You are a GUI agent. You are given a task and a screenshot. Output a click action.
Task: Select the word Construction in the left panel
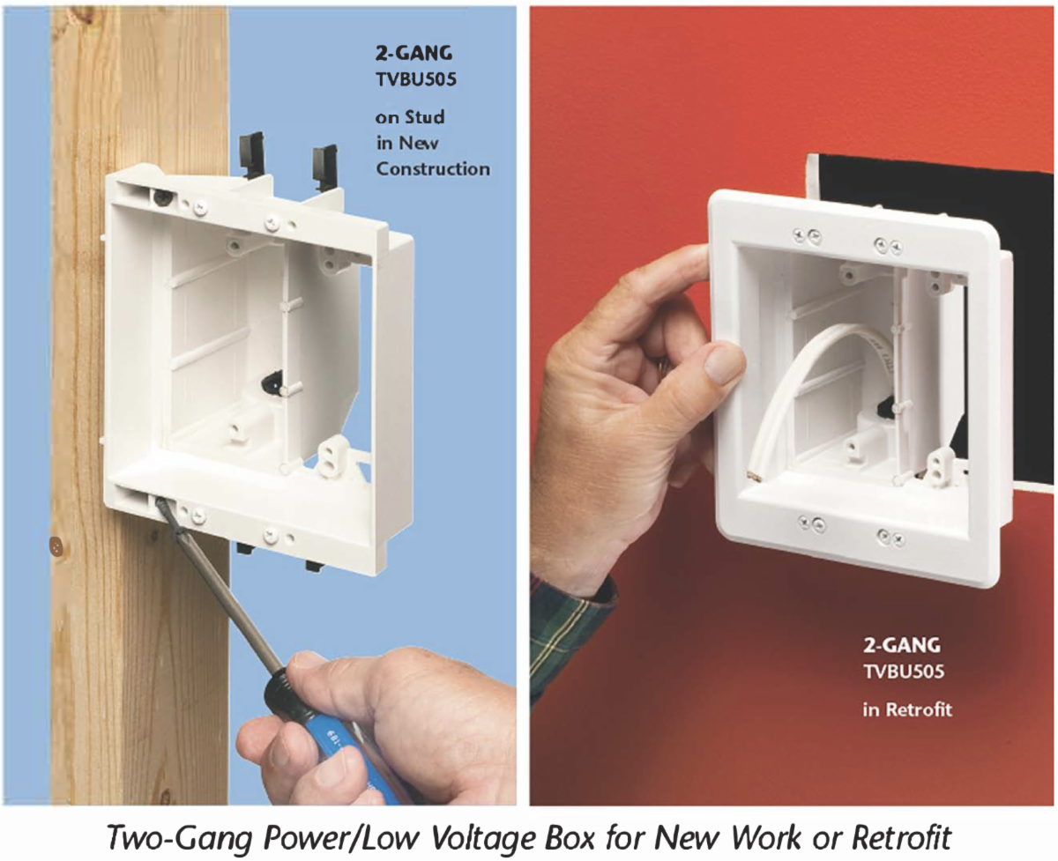(x=433, y=169)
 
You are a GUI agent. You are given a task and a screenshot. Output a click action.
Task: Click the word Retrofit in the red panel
(x=919, y=709)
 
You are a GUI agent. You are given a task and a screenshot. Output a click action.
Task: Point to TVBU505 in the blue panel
(x=416, y=79)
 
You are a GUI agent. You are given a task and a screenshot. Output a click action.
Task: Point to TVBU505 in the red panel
(x=904, y=672)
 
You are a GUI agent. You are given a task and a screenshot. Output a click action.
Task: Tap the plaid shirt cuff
(x=571, y=631)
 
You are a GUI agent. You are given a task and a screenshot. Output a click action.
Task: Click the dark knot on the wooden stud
(x=56, y=547)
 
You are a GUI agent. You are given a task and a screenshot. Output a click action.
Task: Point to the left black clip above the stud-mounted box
(x=252, y=154)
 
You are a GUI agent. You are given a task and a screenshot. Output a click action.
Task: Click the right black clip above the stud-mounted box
(x=325, y=167)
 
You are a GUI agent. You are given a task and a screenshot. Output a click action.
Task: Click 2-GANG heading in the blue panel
(x=414, y=54)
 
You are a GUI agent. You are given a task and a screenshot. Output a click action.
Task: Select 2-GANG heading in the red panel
(x=902, y=645)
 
